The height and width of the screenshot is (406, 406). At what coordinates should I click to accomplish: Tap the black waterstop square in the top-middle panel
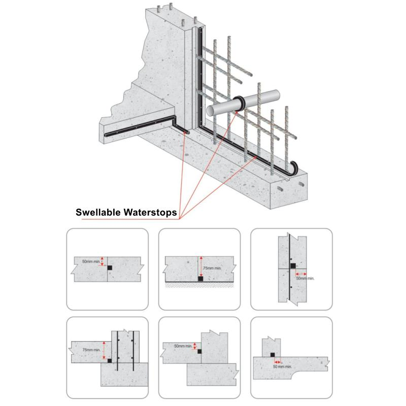click(x=200, y=278)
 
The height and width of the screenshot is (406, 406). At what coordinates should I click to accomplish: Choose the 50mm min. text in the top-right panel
click(x=305, y=278)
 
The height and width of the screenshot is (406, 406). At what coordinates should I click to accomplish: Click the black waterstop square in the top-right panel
click(x=292, y=265)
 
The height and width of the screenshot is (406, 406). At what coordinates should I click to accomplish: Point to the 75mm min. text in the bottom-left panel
click(x=91, y=350)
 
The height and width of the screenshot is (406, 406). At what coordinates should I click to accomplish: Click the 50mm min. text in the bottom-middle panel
click(x=183, y=346)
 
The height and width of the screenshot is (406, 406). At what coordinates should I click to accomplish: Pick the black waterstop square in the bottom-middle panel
click(x=199, y=351)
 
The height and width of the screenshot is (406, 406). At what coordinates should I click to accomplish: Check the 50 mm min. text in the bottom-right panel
click(x=282, y=366)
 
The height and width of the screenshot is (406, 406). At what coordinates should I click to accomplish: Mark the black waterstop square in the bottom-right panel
click(x=273, y=355)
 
